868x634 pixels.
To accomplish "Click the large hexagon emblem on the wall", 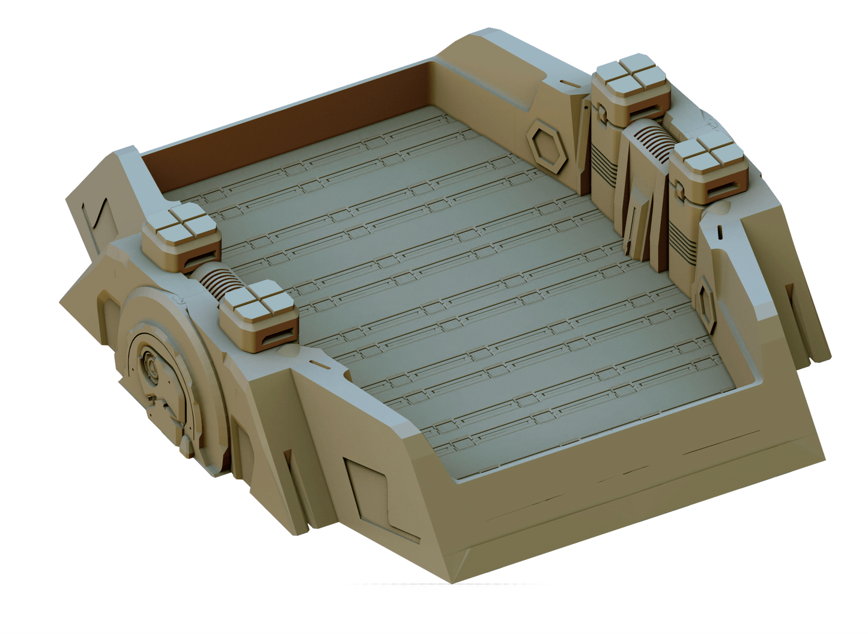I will [x=547, y=145].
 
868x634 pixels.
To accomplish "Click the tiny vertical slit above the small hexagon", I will [x=718, y=231].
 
